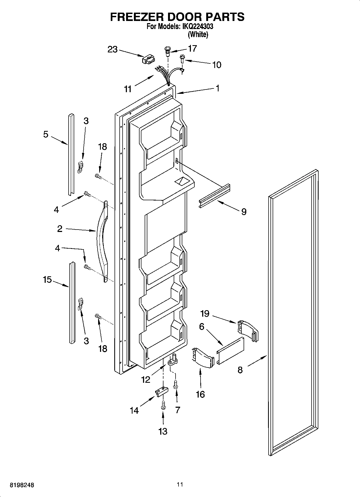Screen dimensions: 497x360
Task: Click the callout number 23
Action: coord(113,49)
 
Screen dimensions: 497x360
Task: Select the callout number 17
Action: coord(192,48)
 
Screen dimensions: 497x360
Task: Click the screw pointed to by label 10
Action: coord(182,58)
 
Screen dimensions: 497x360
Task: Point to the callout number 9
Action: coord(244,212)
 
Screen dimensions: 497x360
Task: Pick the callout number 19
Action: coord(205,313)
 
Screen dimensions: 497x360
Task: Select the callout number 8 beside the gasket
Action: coord(240,370)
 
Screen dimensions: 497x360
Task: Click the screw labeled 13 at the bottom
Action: coord(163,405)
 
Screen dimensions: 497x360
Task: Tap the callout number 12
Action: coord(146,379)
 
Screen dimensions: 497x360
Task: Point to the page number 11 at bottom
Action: coord(180,484)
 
